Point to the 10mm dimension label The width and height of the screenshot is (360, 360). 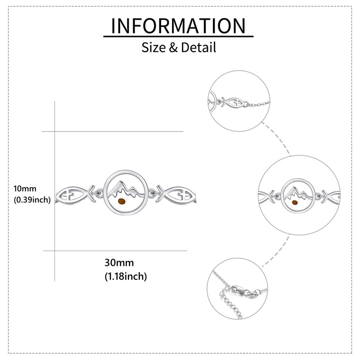(x=25, y=189)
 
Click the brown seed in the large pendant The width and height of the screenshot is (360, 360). (x=121, y=202)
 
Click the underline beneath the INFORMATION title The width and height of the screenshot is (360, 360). (x=178, y=36)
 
